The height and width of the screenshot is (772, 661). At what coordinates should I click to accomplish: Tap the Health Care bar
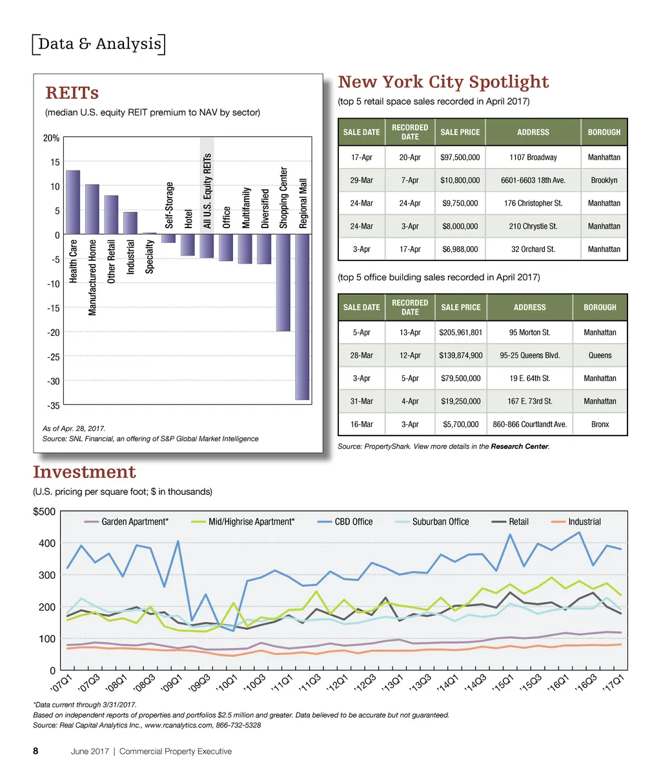73,202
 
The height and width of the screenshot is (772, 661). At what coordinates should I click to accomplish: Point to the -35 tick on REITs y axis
52,405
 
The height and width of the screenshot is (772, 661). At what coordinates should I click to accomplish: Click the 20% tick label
52,138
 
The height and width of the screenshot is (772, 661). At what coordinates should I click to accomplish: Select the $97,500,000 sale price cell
460,157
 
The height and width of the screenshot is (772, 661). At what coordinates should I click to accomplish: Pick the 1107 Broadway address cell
533,157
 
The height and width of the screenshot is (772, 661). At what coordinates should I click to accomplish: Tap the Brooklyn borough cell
604,180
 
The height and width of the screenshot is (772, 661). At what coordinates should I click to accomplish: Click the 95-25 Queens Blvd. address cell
529,355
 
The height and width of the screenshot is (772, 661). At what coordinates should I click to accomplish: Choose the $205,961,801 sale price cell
460,333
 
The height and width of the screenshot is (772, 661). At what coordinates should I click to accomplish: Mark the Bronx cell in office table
600,424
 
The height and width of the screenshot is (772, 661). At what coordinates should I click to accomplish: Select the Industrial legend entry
576,521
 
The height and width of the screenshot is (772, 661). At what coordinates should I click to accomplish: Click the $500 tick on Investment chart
45,512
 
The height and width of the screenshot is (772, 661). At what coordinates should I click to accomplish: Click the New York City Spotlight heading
443,82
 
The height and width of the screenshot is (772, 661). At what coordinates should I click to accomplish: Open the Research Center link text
519,446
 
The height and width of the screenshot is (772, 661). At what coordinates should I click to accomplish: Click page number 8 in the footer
36,751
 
